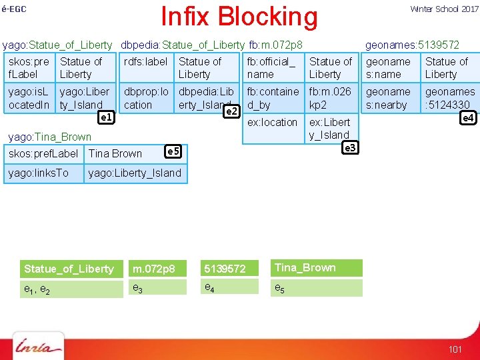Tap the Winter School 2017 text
444,9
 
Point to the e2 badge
231,111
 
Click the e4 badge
469,118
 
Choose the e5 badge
173,152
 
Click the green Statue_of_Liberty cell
69,269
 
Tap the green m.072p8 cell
159,269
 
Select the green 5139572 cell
230,269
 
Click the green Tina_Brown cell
317,268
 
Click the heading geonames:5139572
412,45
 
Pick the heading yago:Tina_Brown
49,137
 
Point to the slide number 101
455,349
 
